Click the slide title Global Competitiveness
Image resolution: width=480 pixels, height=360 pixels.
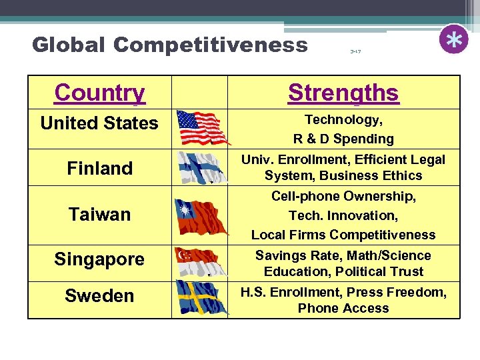point(169,45)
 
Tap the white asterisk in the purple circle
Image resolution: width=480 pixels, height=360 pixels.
point(454,40)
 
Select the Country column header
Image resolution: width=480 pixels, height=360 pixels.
point(100,93)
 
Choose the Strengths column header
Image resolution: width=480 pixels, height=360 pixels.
point(343,93)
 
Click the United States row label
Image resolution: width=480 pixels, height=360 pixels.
point(99,123)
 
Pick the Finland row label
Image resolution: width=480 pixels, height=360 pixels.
point(99,168)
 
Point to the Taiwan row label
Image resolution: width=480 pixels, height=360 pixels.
point(99,215)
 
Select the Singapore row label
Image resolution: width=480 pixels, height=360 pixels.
point(99,259)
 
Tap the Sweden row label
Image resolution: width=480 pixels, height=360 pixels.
point(99,296)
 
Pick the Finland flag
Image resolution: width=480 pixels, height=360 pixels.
point(199,167)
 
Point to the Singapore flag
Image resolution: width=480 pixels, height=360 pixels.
point(199,261)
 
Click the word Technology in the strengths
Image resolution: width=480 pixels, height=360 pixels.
point(341,120)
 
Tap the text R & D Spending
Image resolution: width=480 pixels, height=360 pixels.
point(343,139)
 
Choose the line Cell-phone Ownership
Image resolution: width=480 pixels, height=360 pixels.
point(343,196)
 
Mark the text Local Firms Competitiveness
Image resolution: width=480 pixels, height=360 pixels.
point(343,235)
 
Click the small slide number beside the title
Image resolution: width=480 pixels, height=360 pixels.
point(355,51)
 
